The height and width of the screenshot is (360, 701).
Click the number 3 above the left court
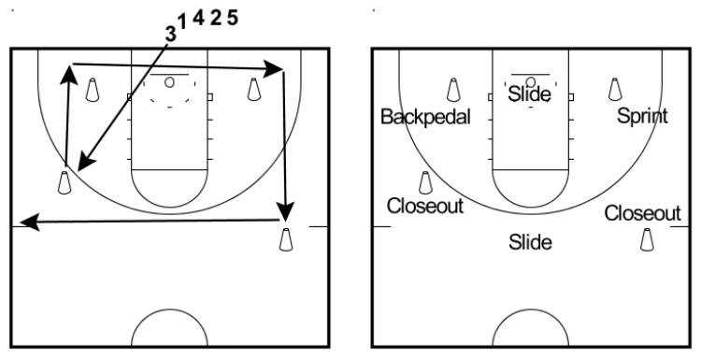170,34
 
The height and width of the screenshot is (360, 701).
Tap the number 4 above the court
198,19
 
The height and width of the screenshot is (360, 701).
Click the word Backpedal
425,117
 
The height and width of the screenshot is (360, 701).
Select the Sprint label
642,116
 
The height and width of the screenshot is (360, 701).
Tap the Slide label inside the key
529,94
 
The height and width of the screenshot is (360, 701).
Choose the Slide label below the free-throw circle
530,243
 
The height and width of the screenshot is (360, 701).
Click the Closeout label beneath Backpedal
425,206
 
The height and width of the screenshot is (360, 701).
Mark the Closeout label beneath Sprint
642,213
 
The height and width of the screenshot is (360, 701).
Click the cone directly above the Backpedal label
453,89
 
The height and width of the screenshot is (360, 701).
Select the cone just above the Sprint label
615,89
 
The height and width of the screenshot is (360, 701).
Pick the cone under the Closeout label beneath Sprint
646,239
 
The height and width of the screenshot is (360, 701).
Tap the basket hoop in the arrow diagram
169,82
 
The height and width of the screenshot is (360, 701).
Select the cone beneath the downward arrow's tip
286,239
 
